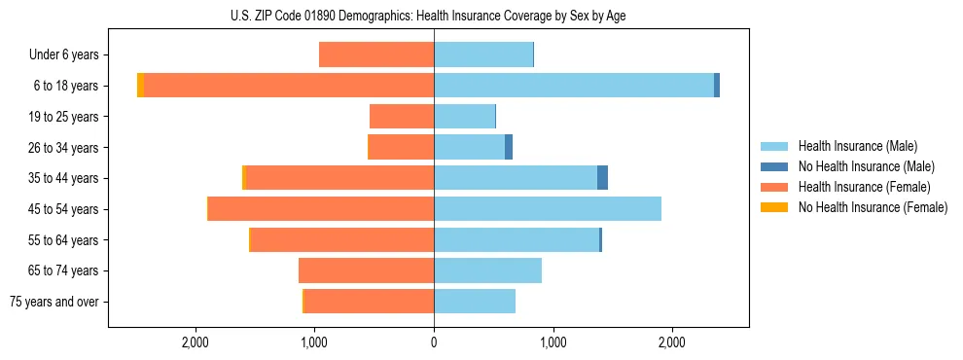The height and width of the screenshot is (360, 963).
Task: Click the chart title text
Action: click(433, 17)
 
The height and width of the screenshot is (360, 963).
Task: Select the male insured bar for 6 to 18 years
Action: click(574, 86)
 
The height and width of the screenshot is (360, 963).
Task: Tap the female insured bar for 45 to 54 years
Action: click(321, 209)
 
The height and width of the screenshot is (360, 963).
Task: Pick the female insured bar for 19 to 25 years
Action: click(402, 117)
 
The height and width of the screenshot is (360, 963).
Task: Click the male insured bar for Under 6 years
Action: click(483, 55)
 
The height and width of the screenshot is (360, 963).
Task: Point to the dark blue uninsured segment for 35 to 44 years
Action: click(602, 178)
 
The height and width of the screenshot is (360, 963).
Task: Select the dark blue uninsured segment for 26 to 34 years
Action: click(509, 147)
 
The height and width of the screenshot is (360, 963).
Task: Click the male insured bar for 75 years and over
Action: click(475, 302)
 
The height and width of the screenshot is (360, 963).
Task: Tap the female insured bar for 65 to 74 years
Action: click(366, 270)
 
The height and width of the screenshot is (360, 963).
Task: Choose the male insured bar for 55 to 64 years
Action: click(517, 239)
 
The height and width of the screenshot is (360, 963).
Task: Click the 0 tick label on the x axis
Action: click(434, 342)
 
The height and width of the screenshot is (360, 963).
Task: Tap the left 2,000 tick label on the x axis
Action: click(196, 342)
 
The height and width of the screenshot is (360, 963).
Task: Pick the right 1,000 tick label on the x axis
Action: click(553, 342)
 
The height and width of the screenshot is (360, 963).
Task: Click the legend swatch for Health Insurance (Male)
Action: click(774, 146)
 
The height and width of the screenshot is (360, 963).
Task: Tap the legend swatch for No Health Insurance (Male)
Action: click(774, 166)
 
